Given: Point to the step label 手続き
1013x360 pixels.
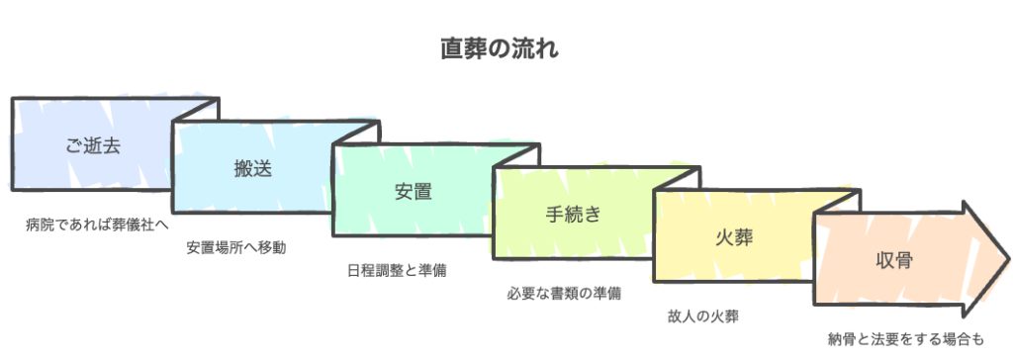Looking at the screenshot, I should [x=573, y=214].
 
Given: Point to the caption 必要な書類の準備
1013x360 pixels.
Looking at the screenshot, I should [x=564, y=293].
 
